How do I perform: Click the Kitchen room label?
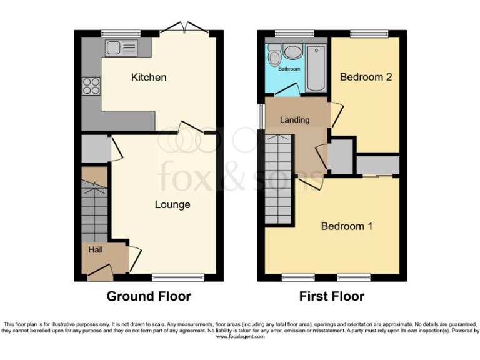click(x=149, y=77)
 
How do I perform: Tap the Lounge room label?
click(x=172, y=204)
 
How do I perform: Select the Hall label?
click(x=96, y=250)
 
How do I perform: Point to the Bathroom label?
click(x=289, y=69)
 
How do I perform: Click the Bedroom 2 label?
click(x=366, y=77)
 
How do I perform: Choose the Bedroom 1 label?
click(x=347, y=226)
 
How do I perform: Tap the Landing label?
click(x=294, y=120)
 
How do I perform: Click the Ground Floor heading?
click(x=149, y=296)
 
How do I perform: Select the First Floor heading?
click(x=332, y=296)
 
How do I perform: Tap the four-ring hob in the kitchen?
click(x=91, y=85)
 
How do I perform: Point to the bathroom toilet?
click(x=274, y=57)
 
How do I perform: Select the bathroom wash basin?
click(x=292, y=52)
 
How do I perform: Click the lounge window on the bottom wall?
click(x=177, y=277)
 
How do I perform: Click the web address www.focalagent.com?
click(x=241, y=336)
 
